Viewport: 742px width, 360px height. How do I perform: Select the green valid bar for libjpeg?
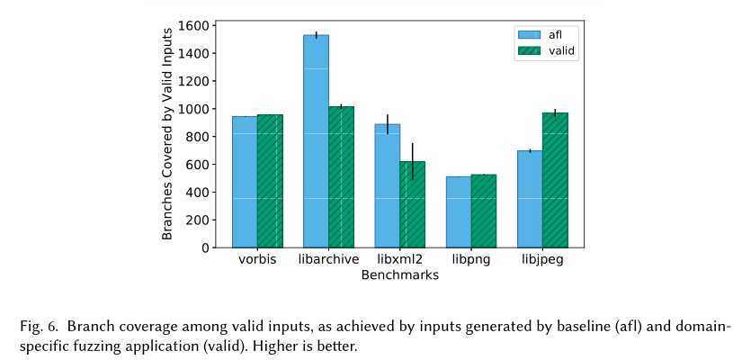pyautogui.click(x=555, y=180)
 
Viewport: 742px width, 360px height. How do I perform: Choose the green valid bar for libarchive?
pyautogui.click(x=341, y=176)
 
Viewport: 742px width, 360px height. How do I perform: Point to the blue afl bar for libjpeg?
pyautogui.click(x=530, y=199)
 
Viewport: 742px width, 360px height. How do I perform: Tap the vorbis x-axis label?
pyautogui.click(x=257, y=261)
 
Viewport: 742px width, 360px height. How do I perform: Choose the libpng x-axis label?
pyautogui.click(x=471, y=261)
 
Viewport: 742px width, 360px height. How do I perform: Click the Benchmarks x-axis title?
pyautogui.click(x=399, y=275)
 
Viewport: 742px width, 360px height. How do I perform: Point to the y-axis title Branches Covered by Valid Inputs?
pyautogui.click(x=167, y=132)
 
